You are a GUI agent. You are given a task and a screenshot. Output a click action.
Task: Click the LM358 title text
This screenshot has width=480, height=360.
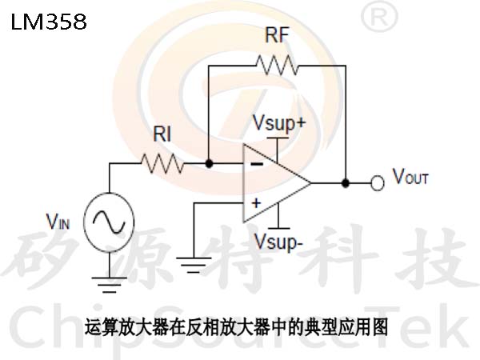[x=49, y=22]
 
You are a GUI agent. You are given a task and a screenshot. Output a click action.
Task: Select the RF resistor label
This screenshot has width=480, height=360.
[x=277, y=35]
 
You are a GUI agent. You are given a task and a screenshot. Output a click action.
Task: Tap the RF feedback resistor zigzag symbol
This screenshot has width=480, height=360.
[x=277, y=66]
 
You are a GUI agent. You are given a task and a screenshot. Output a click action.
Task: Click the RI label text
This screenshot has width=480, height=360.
[x=162, y=134]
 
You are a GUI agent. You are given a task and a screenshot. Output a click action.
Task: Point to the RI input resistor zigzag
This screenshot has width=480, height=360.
[x=162, y=164]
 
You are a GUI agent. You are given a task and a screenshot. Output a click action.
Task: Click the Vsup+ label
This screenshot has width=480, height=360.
[x=279, y=123]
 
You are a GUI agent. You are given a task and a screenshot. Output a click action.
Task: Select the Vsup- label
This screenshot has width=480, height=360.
[x=278, y=242]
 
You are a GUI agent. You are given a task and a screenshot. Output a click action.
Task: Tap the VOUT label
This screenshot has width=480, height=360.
[x=410, y=177]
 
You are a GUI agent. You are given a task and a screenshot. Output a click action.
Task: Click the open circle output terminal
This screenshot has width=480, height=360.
[x=377, y=183]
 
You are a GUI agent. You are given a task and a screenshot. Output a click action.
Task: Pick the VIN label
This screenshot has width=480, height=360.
[x=58, y=222]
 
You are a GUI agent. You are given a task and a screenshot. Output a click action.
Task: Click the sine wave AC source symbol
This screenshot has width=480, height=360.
[x=109, y=222]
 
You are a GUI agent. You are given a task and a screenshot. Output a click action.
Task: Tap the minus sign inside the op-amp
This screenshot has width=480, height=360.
[x=257, y=164]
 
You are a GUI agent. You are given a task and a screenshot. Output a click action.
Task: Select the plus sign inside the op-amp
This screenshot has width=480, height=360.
[x=256, y=203]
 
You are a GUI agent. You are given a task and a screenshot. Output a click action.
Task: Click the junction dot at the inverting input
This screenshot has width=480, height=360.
[x=209, y=164]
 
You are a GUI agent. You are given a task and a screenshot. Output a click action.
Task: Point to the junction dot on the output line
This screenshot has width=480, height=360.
[x=346, y=183]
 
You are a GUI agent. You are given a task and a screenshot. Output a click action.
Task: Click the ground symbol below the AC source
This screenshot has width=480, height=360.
[x=110, y=285]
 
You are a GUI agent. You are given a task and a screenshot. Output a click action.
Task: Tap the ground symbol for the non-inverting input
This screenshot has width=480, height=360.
[x=194, y=265]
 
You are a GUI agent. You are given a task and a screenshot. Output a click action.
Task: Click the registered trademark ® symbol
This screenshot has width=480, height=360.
[x=379, y=16]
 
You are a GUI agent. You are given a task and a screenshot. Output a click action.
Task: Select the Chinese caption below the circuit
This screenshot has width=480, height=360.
[x=236, y=327]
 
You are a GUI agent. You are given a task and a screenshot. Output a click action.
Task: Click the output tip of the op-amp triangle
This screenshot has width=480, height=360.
[x=311, y=183]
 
